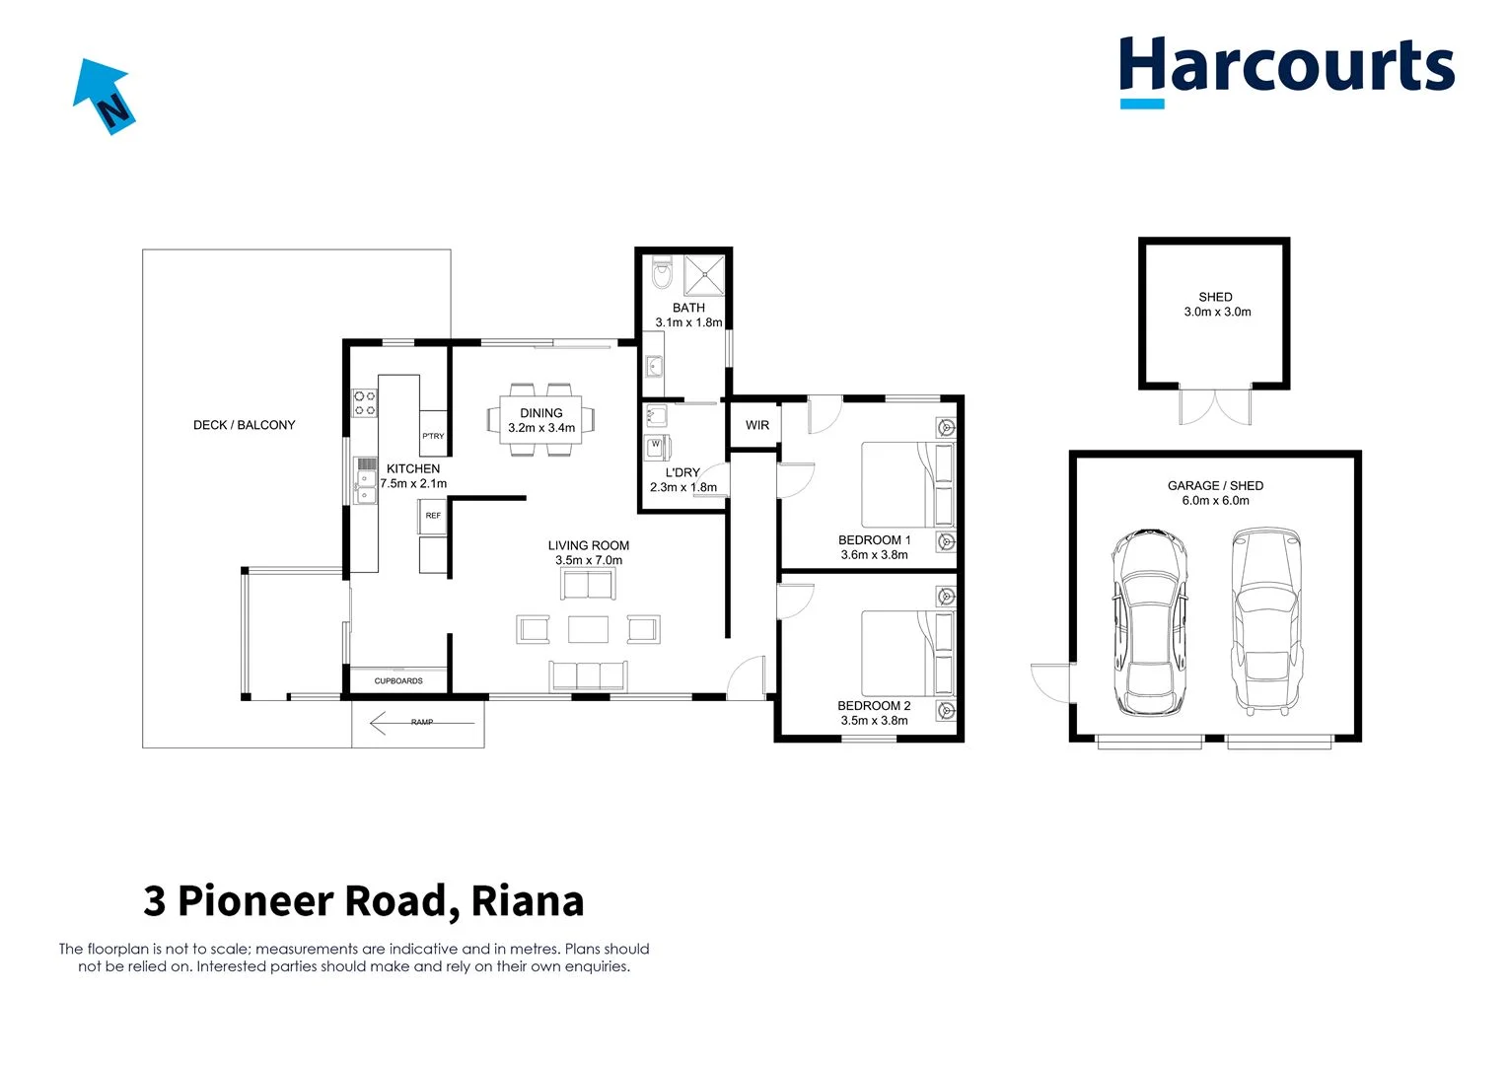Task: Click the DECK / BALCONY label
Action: coord(244,425)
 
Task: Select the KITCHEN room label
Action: coord(413,468)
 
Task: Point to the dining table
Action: coord(541,420)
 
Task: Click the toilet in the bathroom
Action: coord(661,273)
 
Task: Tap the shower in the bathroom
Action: coord(704,275)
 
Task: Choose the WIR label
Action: coord(757,425)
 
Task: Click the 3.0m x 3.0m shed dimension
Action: coord(1217,312)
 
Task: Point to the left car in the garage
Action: coord(1149,623)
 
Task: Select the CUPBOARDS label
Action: coord(398,680)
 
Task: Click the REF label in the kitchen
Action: coord(433,516)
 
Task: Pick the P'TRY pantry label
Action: coord(433,436)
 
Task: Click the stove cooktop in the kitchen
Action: coord(365,402)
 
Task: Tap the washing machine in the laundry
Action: coord(655,447)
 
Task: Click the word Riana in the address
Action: coord(528,900)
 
